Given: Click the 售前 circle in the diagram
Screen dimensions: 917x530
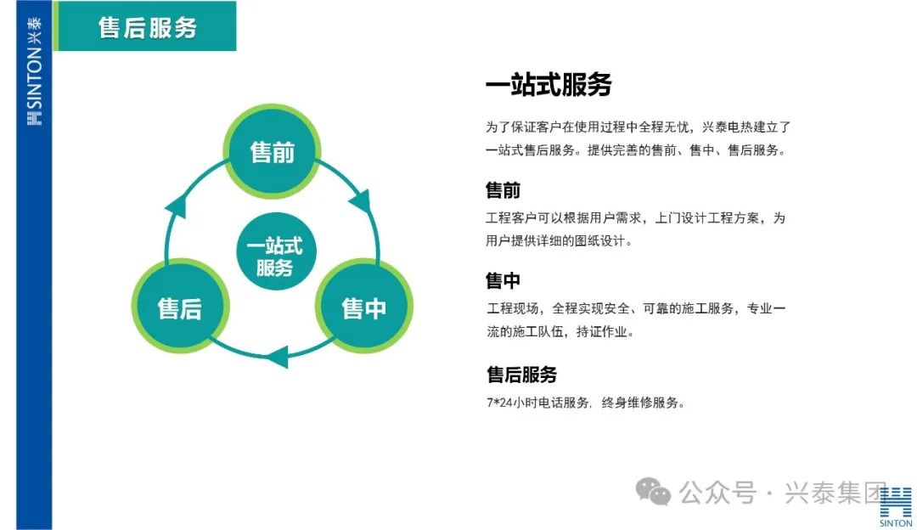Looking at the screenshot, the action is tap(272, 151).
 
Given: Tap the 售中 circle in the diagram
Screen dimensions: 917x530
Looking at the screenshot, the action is tap(363, 307).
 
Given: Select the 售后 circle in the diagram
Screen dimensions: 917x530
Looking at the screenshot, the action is tap(180, 307).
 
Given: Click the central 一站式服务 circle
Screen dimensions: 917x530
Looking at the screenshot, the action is tap(276, 251).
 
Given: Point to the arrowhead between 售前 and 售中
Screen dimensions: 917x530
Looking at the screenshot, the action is tap(362, 200).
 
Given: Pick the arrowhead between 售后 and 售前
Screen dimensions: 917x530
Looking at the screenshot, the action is tap(177, 206).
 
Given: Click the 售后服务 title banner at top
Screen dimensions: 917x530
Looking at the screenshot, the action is tap(145, 26).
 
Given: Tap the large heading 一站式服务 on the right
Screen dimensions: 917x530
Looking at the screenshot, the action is tap(549, 84).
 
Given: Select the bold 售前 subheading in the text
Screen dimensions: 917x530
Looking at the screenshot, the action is tap(503, 190).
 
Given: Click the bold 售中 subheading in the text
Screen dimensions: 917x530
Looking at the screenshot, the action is tap(503, 281).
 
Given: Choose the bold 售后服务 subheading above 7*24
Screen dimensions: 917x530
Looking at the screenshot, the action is tap(521, 375).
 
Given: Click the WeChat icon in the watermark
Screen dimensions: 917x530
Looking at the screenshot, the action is tap(653, 492).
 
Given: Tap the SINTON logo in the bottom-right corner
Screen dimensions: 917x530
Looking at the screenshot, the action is tap(896, 506).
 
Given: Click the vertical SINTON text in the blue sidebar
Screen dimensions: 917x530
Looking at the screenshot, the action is tap(35, 78).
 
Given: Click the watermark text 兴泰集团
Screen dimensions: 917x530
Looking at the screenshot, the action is tap(835, 493).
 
